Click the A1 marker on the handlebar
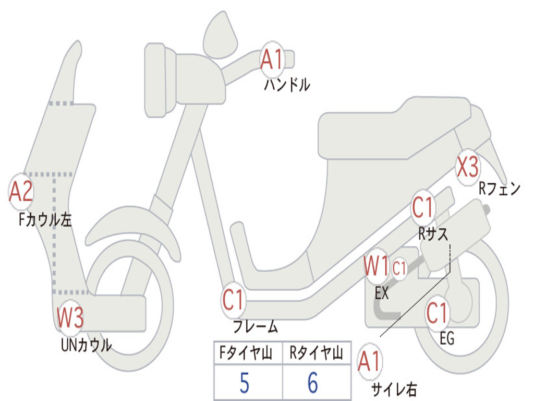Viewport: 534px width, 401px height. tap(272, 59)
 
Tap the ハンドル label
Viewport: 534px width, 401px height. tap(287, 85)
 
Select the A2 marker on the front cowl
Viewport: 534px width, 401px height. tap(21, 192)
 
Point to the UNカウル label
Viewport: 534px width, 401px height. tap(87, 345)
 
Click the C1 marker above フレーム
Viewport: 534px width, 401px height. tap(234, 300)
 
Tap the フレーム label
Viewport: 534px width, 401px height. tap(256, 327)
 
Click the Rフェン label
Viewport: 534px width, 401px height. tap(500, 189)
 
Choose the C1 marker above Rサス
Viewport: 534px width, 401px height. tap(423, 208)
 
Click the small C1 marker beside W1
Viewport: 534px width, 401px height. tap(399, 269)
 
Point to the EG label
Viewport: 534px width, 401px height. tap(447, 339)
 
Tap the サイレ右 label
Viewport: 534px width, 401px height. tap(394, 389)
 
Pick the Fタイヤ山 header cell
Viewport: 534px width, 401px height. tap(248, 353)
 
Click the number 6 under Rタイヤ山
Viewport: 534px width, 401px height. tap(313, 383)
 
